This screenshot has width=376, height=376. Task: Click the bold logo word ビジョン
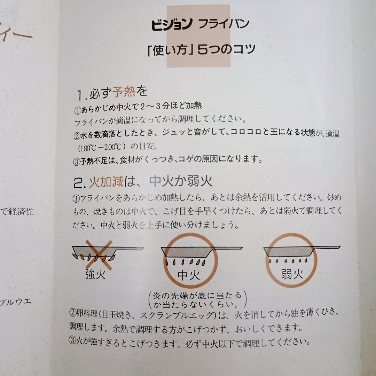click(172, 24)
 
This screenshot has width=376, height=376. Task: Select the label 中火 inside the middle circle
click(189, 275)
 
